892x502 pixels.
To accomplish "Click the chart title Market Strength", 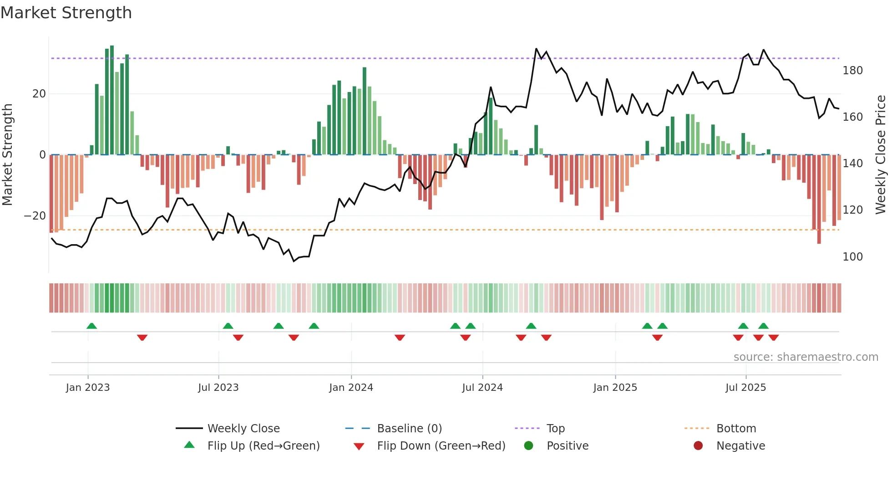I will pos(66,13).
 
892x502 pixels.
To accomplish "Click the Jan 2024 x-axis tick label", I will pos(351,388).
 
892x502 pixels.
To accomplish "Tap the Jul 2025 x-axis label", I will pos(745,388).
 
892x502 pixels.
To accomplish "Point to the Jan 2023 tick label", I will pos(88,388).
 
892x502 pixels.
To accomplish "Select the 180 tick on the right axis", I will pos(852,71).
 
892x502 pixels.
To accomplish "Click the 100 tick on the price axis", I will pos(852,257).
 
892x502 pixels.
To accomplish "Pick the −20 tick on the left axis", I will pos(35,216).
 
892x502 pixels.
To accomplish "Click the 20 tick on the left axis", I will pos(39,94).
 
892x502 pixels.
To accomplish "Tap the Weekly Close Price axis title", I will pos(881,155).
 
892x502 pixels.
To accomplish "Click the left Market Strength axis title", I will pos(7,155).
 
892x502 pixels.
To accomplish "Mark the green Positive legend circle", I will pos(528,446).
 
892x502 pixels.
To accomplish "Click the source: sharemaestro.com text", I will pos(806,357).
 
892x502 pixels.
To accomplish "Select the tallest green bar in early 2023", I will pos(112,100).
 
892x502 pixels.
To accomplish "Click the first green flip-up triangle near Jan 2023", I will pos(91,326).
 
